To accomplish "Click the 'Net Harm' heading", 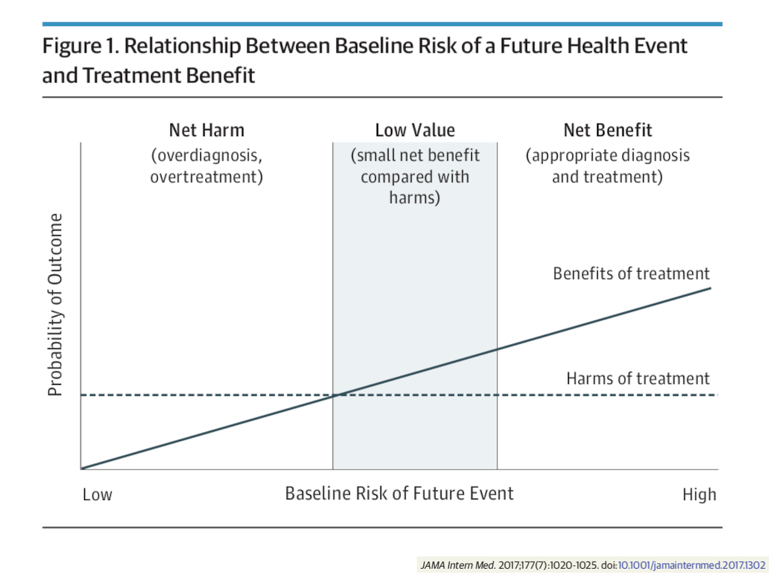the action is [x=207, y=130].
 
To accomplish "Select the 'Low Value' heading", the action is [x=415, y=130].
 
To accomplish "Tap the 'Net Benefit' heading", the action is [x=607, y=130].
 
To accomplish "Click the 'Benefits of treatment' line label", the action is [x=631, y=273].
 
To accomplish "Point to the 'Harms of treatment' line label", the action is [x=638, y=378].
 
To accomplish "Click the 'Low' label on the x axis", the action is [x=97, y=495].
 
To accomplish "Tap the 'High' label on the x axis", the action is [x=700, y=495].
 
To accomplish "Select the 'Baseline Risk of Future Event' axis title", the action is [x=399, y=494].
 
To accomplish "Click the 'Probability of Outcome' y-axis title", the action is [x=55, y=304].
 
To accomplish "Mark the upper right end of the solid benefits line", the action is [x=711, y=288].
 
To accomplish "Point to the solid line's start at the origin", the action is [x=82, y=468].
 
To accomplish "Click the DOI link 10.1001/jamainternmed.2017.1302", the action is [x=692, y=566].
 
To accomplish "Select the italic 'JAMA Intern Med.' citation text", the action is [x=458, y=566].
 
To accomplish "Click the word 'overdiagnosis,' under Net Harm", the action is [x=207, y=155].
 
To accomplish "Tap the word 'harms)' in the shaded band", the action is [x=415, y=198].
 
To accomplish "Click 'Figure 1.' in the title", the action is [x=81, y=47].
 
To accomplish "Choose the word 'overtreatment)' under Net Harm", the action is [x=207, y=177].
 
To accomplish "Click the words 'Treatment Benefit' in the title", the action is [x=169, y=75].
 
